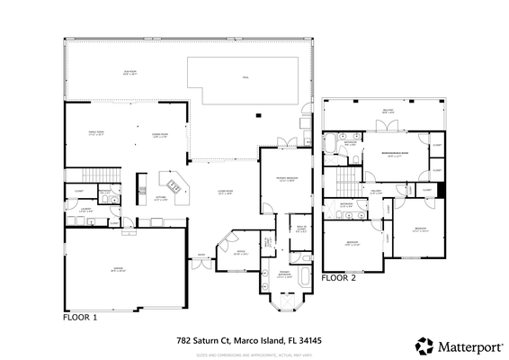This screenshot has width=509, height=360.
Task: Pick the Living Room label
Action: pos(226,192)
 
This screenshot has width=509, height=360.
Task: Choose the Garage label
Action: pos(118,268)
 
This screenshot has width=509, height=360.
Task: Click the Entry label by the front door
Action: pos(201,255)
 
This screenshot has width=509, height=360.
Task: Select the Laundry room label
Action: pos(85,211)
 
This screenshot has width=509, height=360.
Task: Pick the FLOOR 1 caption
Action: pos(80,318)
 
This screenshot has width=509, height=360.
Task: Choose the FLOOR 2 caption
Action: pos(339,278)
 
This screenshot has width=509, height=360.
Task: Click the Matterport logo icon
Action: pos(422,345)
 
